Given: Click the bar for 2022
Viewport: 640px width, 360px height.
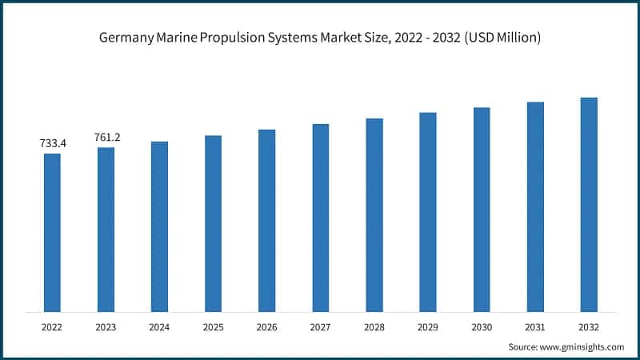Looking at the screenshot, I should click(52, 232).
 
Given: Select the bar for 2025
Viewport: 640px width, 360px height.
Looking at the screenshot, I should click(213, 223).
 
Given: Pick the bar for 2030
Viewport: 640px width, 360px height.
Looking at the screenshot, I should click(482, 209).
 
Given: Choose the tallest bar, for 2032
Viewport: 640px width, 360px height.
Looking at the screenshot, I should click(589, 204).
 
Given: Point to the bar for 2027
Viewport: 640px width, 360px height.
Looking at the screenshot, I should click(321, 218).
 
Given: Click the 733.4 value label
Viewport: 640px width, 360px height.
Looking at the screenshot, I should click(53, 143).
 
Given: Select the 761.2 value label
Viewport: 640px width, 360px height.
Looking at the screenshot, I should click(106, 137).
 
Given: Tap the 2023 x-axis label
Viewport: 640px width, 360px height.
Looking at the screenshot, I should click(106, 326).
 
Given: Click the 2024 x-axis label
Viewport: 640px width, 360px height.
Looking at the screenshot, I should click(159, 326).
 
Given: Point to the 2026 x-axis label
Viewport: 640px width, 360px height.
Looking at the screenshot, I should click(266, 326).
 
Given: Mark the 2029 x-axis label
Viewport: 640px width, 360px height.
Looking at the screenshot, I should click(428, 326).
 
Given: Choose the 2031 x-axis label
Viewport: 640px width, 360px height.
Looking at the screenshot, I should click(535, 326).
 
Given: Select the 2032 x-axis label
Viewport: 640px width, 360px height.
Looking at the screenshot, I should click(589, 326).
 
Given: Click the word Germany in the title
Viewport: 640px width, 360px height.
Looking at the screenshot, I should click(124, 38).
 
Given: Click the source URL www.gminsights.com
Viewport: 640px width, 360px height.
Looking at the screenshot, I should click(582, 346).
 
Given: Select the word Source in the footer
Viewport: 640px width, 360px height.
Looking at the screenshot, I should click(523, 346).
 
